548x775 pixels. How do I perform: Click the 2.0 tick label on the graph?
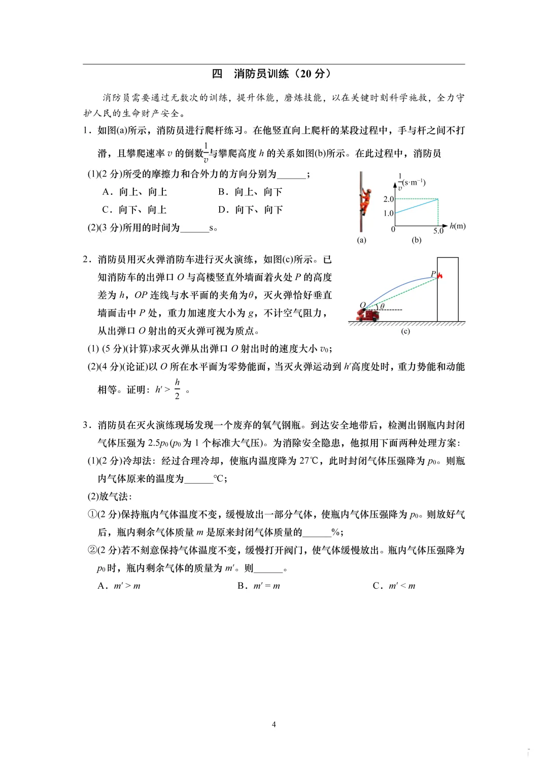(388, 199)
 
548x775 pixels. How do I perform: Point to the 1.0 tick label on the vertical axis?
(388, 213)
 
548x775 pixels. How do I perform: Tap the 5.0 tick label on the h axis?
(438, 231)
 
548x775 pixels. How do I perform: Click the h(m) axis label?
(458, 226)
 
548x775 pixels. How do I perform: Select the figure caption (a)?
(361, 240)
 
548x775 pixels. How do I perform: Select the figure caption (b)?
(417, 240)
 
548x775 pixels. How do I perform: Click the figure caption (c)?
(405, 331)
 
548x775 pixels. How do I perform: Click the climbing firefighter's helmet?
(364, 191)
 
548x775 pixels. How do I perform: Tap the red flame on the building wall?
(440, 276)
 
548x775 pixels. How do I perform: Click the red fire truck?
(368, 315)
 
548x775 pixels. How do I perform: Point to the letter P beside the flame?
(433, 274)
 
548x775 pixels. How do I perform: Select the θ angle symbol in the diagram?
(382, 306)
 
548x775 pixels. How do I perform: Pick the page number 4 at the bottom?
(274, 724)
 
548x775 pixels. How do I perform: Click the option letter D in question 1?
(222, 210)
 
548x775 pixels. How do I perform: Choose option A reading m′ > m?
(119, 586)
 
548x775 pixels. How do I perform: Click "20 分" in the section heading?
(312, 74)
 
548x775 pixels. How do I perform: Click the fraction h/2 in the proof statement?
(177, 389)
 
